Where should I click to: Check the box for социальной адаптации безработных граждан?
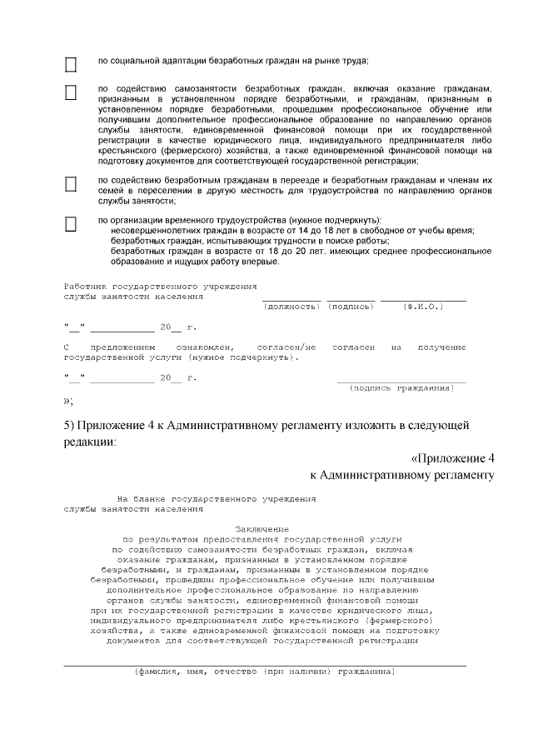[71, 63]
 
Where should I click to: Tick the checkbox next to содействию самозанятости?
[71, 92]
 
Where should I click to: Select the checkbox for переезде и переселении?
[71, 183]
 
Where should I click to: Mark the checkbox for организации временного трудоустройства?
[71, 223]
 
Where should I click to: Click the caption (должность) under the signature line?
[291, 307]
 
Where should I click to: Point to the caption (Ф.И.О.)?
[422, 307]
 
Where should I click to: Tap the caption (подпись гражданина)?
[401, 388]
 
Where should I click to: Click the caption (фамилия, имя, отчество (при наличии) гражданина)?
[264, 672]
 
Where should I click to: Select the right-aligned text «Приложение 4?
[453, 459]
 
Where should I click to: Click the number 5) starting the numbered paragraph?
[70, 425]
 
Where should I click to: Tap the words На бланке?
[141, 497]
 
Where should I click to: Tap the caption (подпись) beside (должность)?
[351, 307]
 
